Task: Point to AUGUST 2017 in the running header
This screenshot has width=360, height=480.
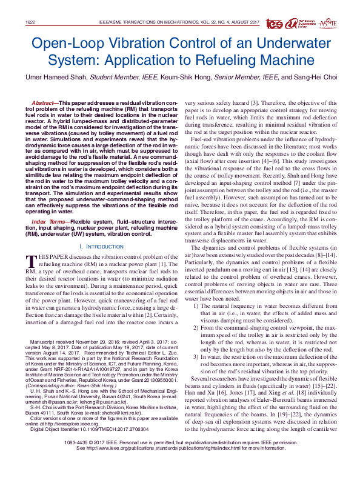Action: [258, 22]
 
